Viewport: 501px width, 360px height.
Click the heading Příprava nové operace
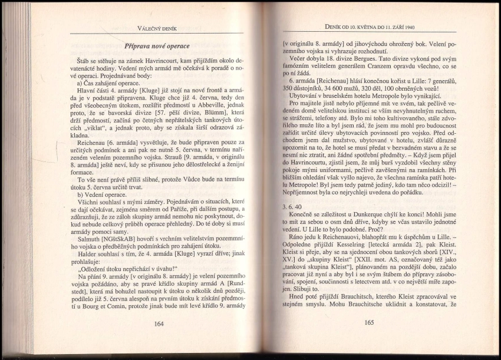point(157,46)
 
